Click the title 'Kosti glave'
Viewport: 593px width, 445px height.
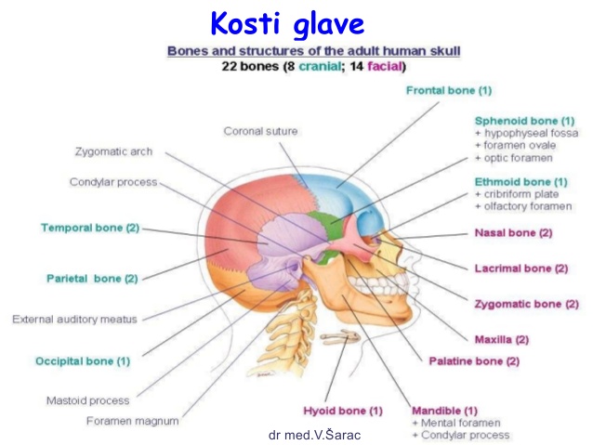pos(287,24)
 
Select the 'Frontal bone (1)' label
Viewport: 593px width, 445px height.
pos(449,91)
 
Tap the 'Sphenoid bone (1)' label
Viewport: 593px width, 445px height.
pos(524,121)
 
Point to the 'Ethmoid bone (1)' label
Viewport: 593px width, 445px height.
pos(521,182)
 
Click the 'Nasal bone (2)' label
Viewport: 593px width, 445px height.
pos(514,233)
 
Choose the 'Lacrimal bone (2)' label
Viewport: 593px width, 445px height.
pos(521,268)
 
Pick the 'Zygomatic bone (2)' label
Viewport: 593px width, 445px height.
pos(527,304)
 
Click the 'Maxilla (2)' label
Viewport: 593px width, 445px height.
pos(502,339)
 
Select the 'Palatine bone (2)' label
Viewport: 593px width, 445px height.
pos(474,361)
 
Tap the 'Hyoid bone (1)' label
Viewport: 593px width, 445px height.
pos(343,411)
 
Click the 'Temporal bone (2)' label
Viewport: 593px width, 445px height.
pos(90,228)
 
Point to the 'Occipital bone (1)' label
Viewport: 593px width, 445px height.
pos(83,361)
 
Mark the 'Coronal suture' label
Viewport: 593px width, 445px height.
pos(260,131)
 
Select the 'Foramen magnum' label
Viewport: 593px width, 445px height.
pos(133,421)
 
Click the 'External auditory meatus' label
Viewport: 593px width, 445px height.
pos(74,320)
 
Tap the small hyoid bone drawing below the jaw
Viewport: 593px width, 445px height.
pos(341,336)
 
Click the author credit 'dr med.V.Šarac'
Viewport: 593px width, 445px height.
pos(315,435)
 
